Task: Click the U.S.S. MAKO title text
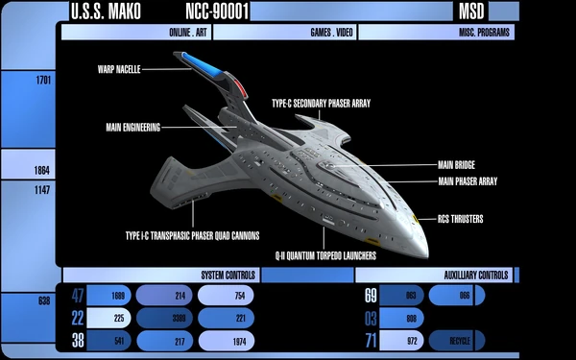[x=104, y=12]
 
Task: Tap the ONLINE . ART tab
[x=187, y=33]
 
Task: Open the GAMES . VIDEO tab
[x=330, y=33]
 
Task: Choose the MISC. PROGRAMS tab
[x=485, y=33]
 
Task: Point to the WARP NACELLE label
[x=119, y=69]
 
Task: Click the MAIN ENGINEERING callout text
[x=133, y=126]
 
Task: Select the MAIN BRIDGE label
[x=456, y=164]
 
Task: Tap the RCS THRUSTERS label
[x=460, y=219]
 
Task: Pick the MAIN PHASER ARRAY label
[x=468, y=180]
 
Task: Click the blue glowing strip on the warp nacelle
[x=206, y=64]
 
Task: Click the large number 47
[x=79, y=297]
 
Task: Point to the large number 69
[x=371, y=297]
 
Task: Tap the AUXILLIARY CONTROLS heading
[x=475, y=275]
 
